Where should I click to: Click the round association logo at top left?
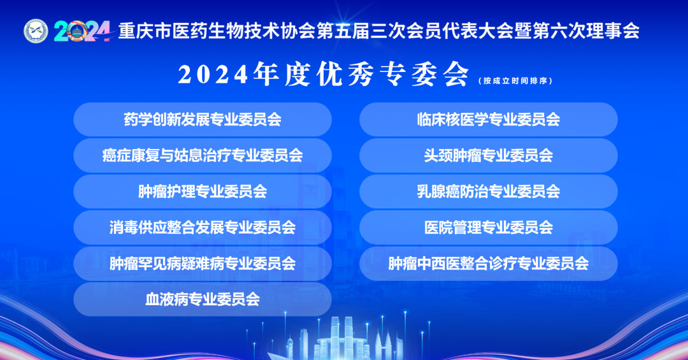(x=36, y=31)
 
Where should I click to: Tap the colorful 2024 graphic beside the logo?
(x=82, y=31)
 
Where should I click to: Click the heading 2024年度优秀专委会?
(x=324, y=74)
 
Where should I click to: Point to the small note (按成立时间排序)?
(x=515, y=81)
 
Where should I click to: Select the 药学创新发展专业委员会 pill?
(x=203, y=119)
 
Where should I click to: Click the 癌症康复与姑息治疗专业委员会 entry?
(x=203, y=155)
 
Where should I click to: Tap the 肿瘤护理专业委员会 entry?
(x=203, y=191)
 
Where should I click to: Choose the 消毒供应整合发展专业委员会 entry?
(x=203, y=227)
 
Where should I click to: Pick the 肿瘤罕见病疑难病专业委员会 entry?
(x=203, y=263)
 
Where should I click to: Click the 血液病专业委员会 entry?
(x=203, y=299)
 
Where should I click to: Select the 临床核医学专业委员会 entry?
(x=489, y=119)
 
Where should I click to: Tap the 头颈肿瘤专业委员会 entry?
(x=489, y=155)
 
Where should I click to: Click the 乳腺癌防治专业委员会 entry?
(x=489, y=191)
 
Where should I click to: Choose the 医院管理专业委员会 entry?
(x=489, y=227)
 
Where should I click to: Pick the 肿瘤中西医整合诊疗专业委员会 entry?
(x=489, y=263)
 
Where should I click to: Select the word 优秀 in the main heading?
(x=345, y=74)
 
